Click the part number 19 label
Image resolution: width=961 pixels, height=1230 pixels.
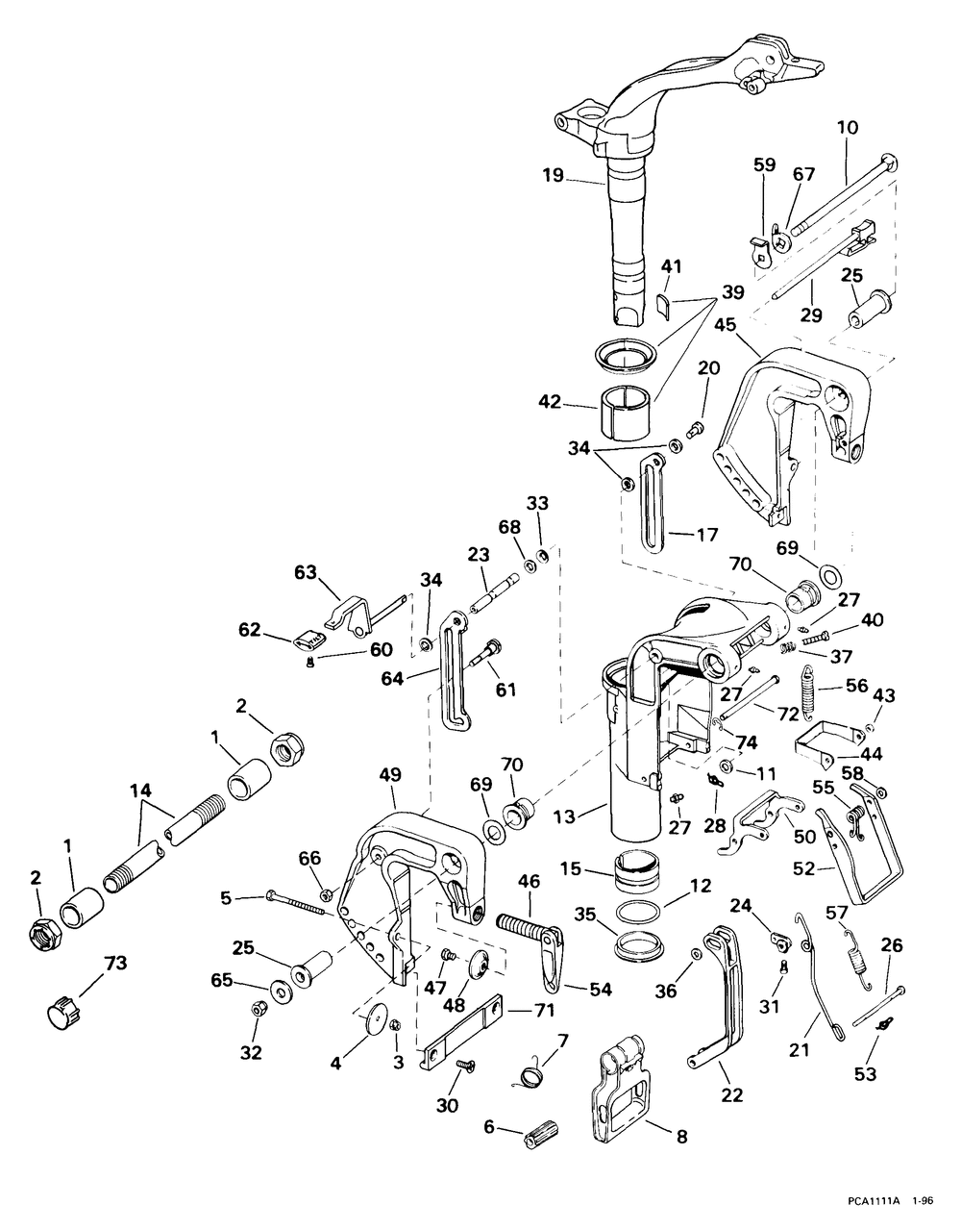coord(554,175)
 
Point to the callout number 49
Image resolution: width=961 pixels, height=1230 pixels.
coord(390,775)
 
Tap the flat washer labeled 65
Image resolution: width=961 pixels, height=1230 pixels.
coord(279,991)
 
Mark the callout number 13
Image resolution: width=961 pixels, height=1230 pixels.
coord(565,816)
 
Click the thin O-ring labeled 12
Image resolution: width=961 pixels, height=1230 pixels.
coord(637,915)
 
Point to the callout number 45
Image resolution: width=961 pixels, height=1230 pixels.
coord(726,325)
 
